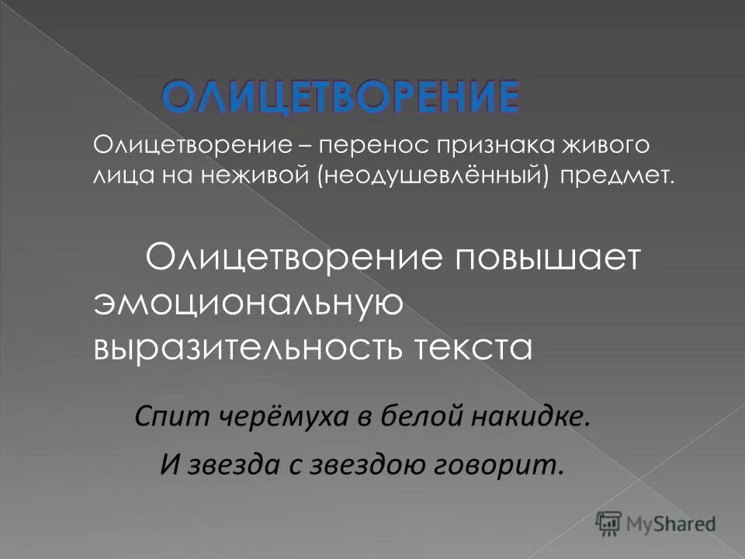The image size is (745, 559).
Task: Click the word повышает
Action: point(549,257)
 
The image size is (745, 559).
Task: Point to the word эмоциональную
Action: point(248,303)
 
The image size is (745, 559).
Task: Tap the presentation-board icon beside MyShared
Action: point(609,523)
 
